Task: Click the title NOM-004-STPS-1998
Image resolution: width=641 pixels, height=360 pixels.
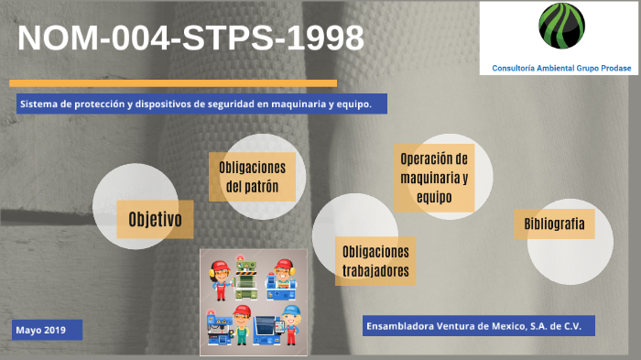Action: pos(190,38)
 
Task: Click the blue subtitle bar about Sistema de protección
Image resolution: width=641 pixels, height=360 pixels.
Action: pos(195,104)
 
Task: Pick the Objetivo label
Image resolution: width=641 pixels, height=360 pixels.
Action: pos(155,220)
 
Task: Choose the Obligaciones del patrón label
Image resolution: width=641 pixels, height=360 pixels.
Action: pos(252,177)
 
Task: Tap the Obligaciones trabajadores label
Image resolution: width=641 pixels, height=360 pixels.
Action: pos(375,262)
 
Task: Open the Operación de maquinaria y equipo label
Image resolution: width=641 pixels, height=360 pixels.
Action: pos(434,178)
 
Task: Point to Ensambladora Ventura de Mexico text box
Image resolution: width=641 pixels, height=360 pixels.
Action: pos(479,326)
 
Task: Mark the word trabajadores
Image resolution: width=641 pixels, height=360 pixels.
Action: pos(375,271)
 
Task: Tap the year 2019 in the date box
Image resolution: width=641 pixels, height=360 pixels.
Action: pos(54,329)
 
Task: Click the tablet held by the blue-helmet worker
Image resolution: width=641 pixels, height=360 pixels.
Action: pos(267,326)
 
